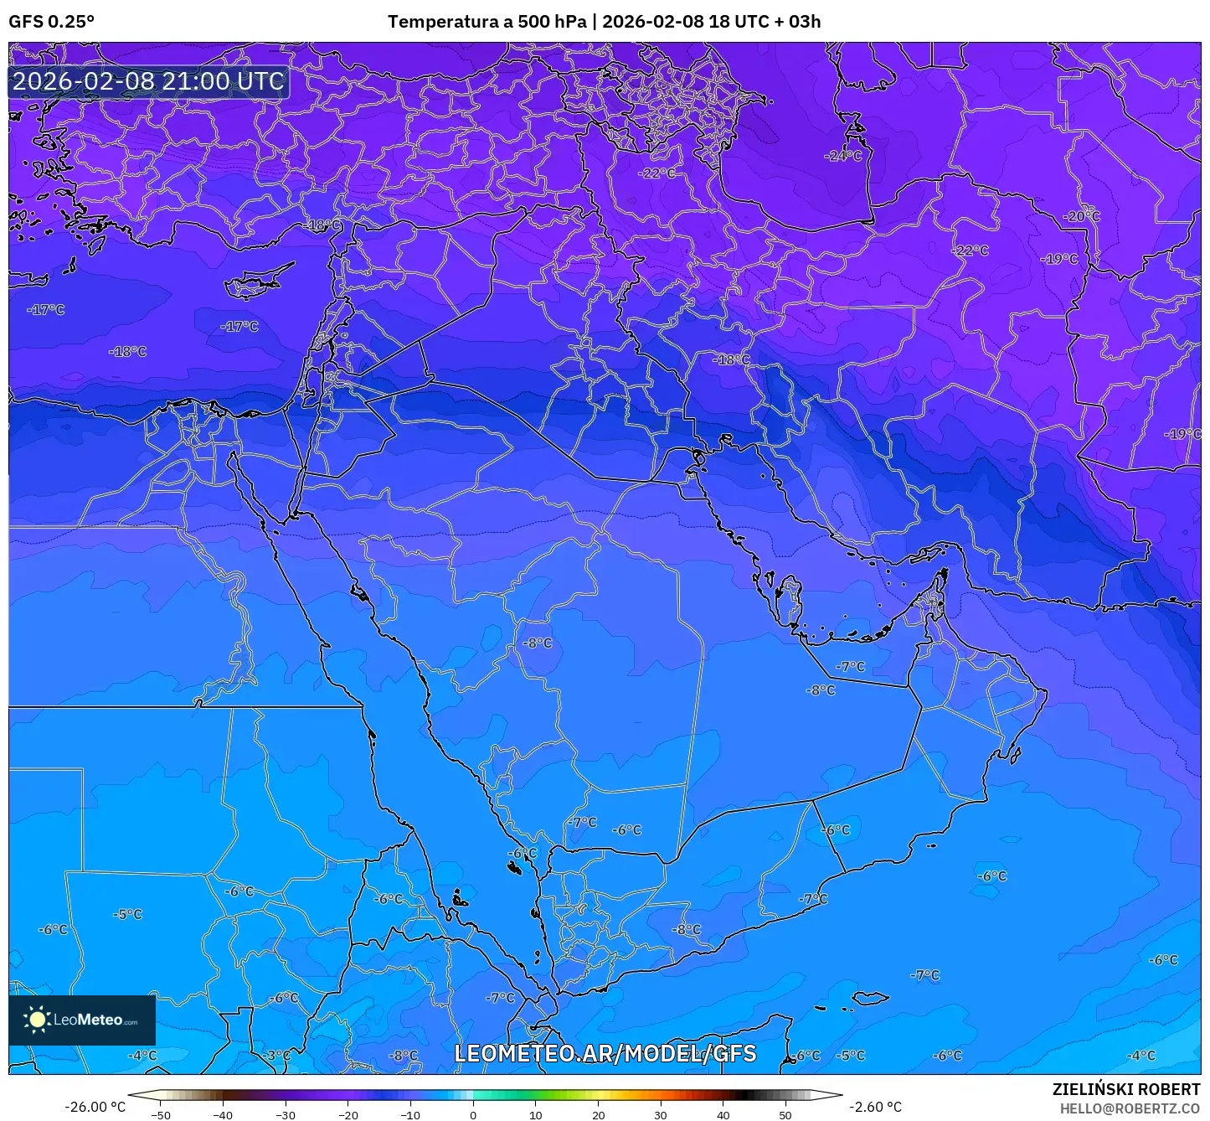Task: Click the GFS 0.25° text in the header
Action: tap(51, 21)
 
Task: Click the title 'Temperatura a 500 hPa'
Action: tap(487, 21)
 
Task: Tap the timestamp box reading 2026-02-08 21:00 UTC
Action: tap(148, 81)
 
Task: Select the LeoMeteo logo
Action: tap(82, 1020)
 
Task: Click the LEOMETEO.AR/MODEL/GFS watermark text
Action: tap(605, 1053)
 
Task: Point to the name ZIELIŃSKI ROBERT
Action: tap(1126, 1089)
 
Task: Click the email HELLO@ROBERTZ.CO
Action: tap(1130, 1108)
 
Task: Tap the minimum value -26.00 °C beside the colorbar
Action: tap(95, 1107)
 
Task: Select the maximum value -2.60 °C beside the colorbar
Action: tap(875, 1107)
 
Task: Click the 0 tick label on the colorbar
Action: tap(473, 1114)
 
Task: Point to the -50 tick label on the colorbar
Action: tap(160, 1114)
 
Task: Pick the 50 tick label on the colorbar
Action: tap(785, 1114)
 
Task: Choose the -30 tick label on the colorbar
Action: tap(285, 1114)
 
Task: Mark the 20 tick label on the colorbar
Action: tap(598, 1114)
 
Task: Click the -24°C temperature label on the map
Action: tap(842, 156)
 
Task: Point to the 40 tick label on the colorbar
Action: tap(723, 1114)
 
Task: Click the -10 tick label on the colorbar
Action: tap(410, 1114)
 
